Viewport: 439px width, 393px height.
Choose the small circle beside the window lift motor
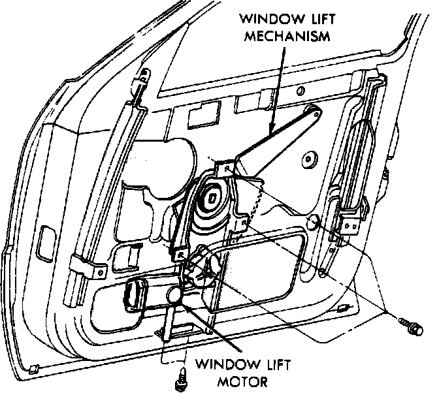[x=175, y=296]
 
